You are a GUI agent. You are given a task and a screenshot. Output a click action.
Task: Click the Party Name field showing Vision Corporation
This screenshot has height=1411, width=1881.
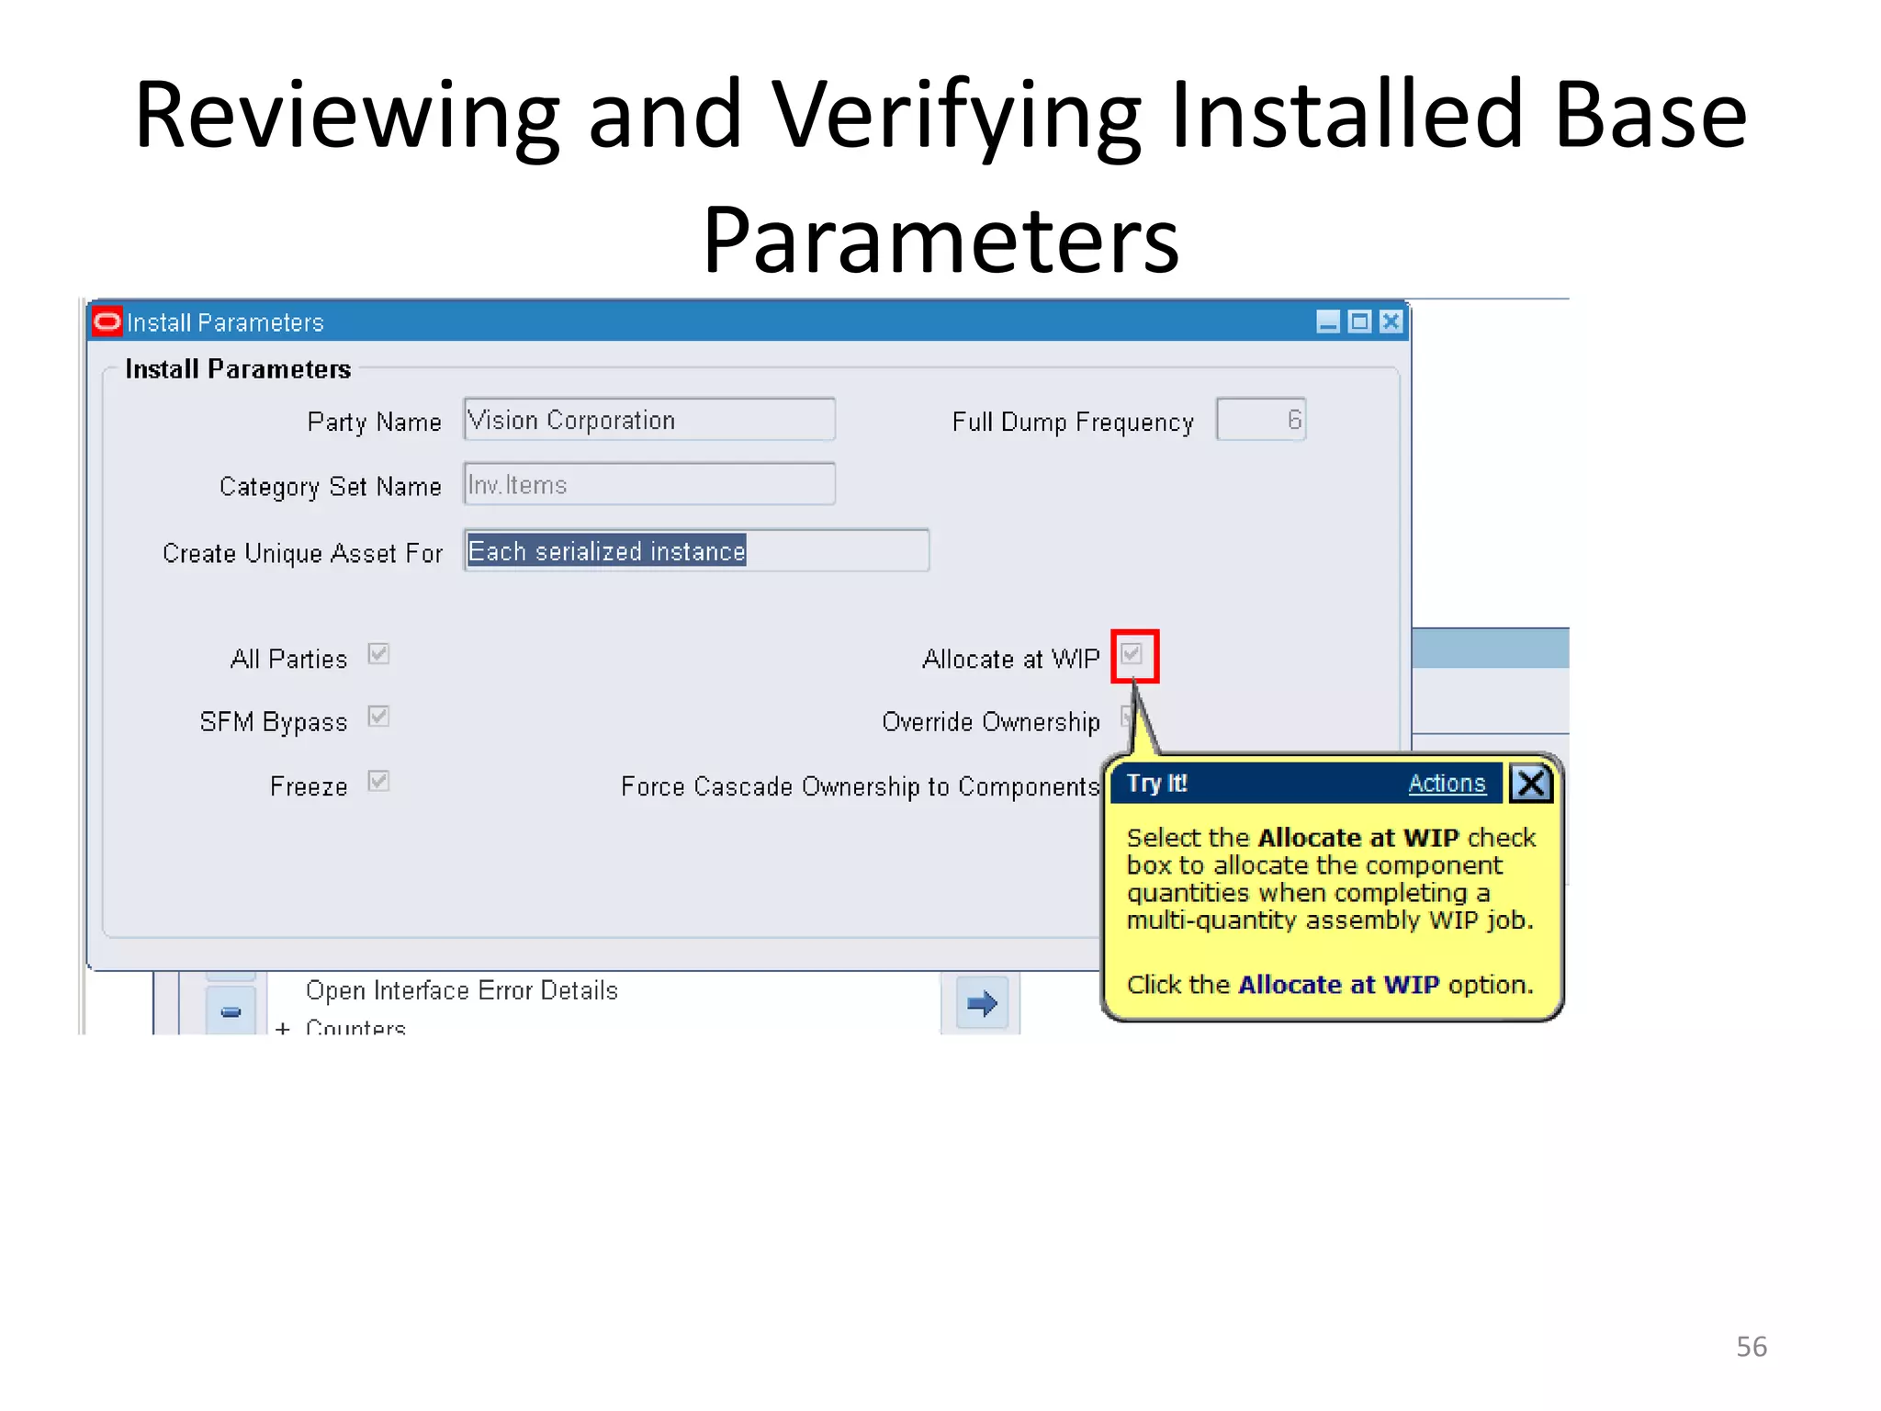pos(648,420)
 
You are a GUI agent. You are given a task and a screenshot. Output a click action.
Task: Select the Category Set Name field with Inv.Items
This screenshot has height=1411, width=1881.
pos(648,484)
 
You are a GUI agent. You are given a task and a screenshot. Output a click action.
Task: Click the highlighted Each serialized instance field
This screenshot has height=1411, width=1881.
pos(606,551)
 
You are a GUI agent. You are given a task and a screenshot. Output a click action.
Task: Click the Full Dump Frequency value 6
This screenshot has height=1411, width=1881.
pos(1260,420)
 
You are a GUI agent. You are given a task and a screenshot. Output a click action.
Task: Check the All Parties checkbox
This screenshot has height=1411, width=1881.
pos(378,654)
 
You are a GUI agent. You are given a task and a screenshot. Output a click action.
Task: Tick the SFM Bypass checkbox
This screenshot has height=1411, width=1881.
pos(378,717)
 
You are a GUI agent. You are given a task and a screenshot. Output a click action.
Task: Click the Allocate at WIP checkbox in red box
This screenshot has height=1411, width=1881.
pos(1132,654)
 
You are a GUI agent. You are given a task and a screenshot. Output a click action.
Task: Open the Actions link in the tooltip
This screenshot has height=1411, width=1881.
pos(1447,784)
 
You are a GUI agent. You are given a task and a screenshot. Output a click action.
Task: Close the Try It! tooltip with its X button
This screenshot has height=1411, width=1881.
pos(1530,784)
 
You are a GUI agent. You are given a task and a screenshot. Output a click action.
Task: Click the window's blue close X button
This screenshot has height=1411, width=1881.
pos(1391,322)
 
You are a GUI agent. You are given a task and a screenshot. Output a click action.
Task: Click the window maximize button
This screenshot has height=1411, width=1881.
pos(1359,322)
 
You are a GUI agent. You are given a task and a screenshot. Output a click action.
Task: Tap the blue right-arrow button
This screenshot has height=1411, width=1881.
pos(981,1003)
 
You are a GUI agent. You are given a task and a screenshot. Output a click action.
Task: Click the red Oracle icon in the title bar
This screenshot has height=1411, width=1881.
pos(107,322)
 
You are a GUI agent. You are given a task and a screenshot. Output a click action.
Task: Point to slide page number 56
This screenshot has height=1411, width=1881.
pos(1751,1347)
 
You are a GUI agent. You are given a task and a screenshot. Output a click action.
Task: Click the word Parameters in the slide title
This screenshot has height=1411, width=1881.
pos(940,241)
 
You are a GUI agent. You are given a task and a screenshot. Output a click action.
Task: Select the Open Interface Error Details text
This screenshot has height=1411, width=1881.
pos(461,990)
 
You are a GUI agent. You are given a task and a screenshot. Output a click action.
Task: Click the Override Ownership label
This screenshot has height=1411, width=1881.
pos(990,722)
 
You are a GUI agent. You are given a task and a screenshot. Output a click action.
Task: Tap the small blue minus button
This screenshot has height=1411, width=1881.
pos(231,1011)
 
